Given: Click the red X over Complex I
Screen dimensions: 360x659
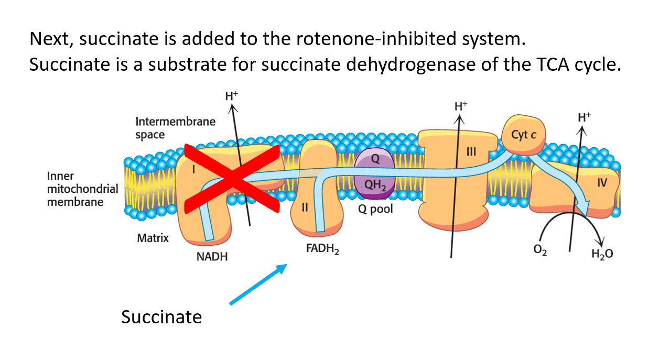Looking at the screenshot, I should [x=231, y=177].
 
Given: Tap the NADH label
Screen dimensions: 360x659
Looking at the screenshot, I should [x=212, y=257].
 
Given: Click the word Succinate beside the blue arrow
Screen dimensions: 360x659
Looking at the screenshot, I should [x=161, y=317].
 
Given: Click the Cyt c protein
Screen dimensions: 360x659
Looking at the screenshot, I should [x=524, y=135].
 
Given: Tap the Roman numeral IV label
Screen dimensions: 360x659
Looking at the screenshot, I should [x=601, y=183].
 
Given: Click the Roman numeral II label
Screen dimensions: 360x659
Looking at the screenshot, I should [x=305, y=207].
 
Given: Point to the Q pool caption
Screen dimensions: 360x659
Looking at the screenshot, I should [x=375, y=209].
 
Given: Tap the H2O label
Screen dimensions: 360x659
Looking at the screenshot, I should [x=601, y=254].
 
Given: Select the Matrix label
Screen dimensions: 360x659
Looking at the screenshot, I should [x=153, y=238].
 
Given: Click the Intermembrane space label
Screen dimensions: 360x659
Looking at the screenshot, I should [x=175, y=128].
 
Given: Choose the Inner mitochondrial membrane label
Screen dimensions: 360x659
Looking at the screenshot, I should [x=82, y=189].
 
